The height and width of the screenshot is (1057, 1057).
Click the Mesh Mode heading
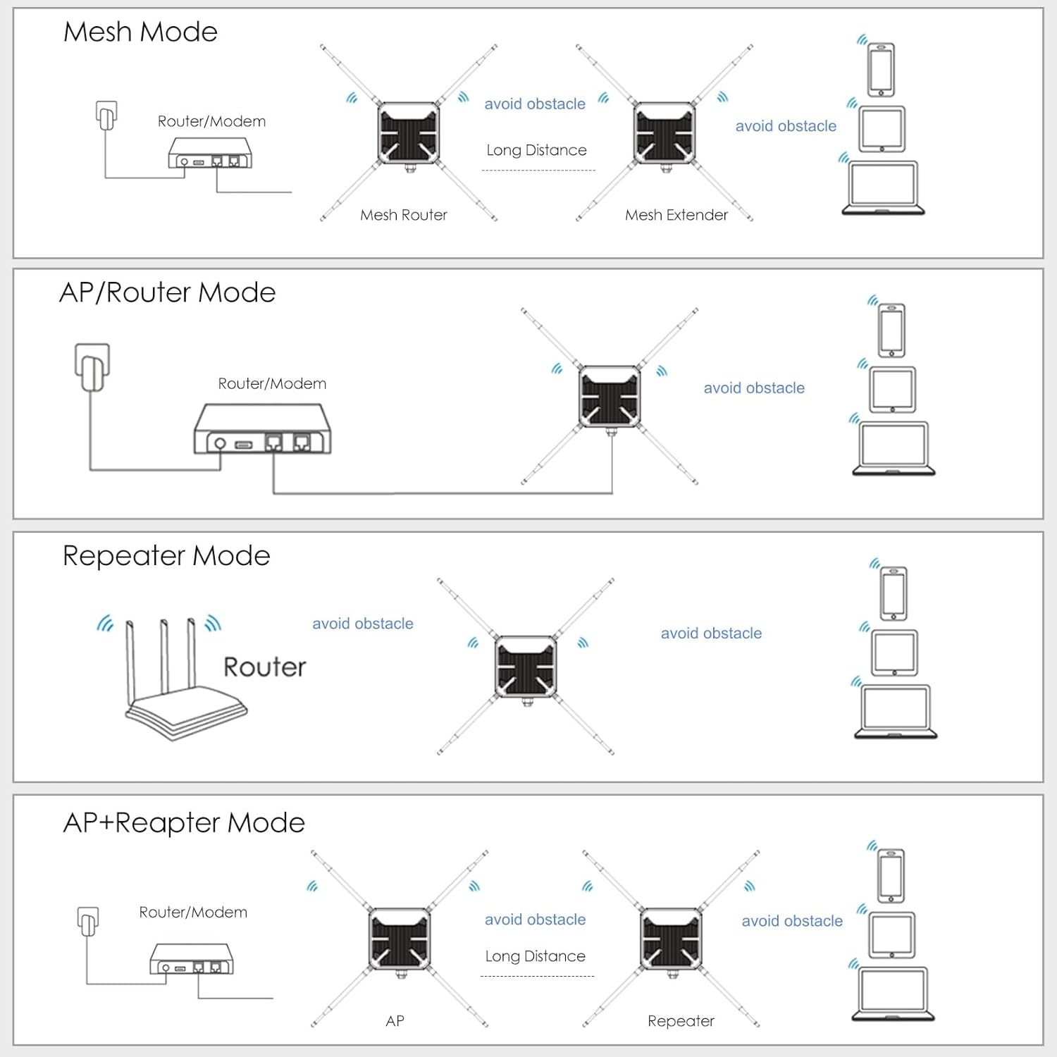click(140, 32)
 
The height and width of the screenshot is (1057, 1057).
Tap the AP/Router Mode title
click(168, 292)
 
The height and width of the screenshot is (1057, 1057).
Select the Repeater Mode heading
click(166, 556)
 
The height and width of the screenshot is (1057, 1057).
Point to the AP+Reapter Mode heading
click(184, 823)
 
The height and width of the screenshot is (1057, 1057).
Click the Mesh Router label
click(404, 215)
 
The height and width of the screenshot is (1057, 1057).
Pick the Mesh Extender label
click(676, 215)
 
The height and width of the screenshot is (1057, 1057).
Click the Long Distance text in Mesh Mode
click(536, 150)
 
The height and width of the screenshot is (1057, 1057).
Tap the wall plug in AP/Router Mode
click(92, 366)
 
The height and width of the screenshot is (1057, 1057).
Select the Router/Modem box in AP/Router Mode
click(263, 428)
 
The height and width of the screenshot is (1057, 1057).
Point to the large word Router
click(265, 667)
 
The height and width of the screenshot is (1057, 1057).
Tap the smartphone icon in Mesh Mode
click(881, 69)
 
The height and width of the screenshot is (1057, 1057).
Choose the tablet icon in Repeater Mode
click(894, 653)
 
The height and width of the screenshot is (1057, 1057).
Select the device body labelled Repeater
click(671, 939)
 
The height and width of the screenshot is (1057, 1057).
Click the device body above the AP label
click(400, 939)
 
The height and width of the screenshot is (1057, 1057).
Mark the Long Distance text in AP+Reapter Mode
click(536, 956)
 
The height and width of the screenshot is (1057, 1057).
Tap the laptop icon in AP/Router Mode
click(894, 448)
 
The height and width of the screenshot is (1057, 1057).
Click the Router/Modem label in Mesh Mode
click(211, 121)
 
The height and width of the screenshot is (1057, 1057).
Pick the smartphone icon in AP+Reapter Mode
click(891, 876)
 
